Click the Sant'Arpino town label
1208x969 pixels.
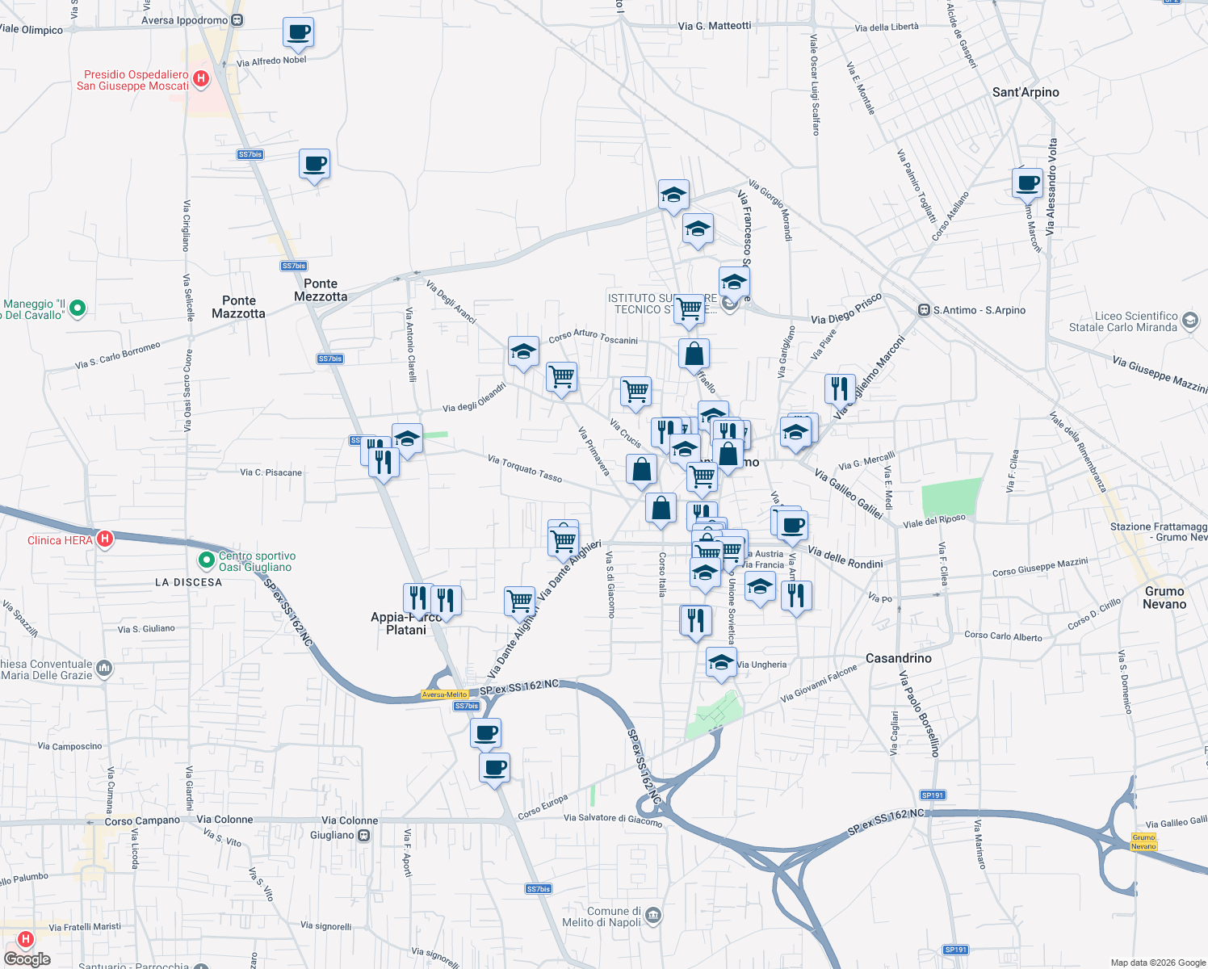(x=1025, y=92)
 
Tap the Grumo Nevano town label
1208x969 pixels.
(x=1164, y=598)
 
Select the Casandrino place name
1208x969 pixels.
(x=898, y=658)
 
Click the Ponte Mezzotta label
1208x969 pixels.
(x=321, y=290)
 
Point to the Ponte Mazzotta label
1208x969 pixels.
(x=238, y=307)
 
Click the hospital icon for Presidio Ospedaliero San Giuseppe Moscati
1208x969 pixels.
(x=201, y=79)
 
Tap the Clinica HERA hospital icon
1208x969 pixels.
(x=104, y=539)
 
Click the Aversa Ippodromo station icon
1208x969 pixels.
(x=237, y=20)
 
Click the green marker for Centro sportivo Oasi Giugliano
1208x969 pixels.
(x=207, y=559)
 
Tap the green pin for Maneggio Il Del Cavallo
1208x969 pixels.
(x=78, y=308)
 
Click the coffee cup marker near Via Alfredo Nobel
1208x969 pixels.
(x=298, y=32)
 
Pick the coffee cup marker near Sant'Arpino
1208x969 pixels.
(x=1028, y=182)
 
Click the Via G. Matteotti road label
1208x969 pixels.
(x=714, y=26)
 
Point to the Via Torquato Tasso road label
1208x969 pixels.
(x=525, y=468)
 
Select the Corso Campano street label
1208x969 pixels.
(x=142, y=820)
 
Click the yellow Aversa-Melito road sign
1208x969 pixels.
(x=444, y=694)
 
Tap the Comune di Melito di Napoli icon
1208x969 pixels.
(x=653, y=916)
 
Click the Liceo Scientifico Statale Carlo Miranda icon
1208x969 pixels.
(x=1189, y=321)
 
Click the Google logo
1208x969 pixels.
(x=27, y=959)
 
